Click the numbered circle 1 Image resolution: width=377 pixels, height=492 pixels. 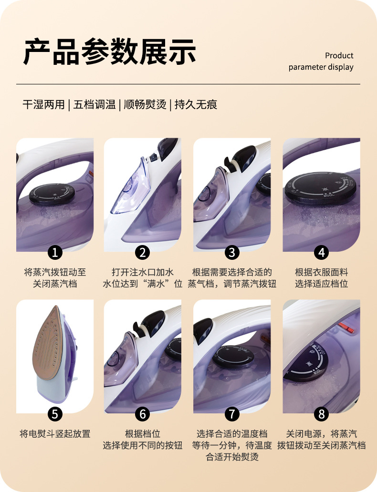[55, 252]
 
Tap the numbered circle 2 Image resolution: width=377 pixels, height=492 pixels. [142, 252]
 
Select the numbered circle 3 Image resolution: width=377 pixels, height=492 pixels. [232, 252]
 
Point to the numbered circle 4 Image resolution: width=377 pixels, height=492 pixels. [321, 252]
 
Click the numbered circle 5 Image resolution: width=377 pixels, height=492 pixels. [55, 414]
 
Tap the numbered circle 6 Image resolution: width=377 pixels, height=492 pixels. [142, 414]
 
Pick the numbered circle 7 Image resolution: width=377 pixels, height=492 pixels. [232, 414]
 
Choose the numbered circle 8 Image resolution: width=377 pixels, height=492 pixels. [321, 414]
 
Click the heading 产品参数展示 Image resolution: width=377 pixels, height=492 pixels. [110, 52]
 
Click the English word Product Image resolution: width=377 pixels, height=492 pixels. [339, 55]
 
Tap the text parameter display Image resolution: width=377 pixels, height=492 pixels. [321, 67]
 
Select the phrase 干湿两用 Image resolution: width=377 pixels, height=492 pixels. [44, 104]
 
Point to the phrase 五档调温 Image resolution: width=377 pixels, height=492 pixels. [94, 104]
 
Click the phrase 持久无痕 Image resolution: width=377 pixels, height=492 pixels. [196, 104]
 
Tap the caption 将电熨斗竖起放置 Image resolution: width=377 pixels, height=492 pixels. [55, 434]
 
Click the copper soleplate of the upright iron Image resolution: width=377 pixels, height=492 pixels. [48, 344]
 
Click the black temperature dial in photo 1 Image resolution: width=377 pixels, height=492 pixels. [52, 194]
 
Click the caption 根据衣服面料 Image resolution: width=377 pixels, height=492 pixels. [321, 272]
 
